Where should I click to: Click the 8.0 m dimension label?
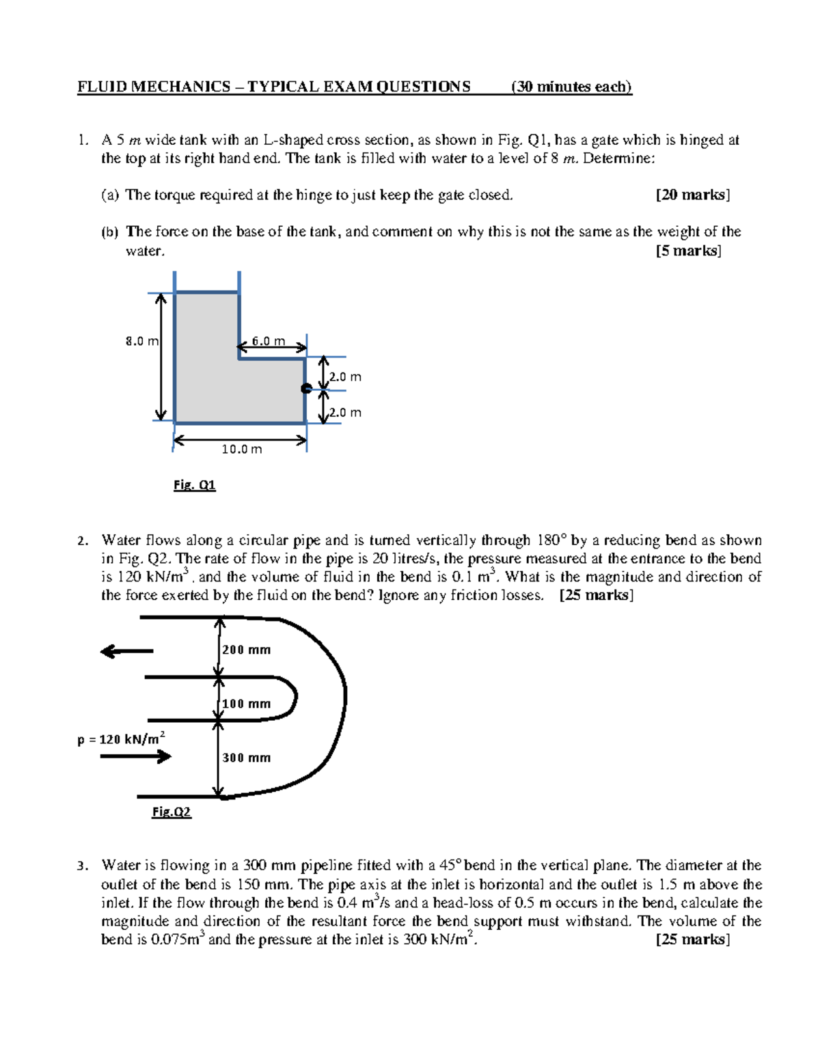pyautogui.click(x=141, y=341)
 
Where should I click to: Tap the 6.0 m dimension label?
pyautogui.click(x=268, y=341)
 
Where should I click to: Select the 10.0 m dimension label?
pyautogui.click(x=241, y=449)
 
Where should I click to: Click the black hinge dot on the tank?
pyautogui.click(x=306, y=389)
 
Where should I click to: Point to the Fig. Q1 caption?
pyautogui.click(x=194, y=485)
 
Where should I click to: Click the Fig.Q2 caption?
pyautogui.click(x=171, y=812)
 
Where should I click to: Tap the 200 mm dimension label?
pyautogui.click(x=246, y=650)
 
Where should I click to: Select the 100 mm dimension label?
pyautogui.click(x=246, y=704)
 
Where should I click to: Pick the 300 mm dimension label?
pyautogui.click(x=246, y=758)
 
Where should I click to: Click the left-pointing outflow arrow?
pyautogui.click(x=126, y=651)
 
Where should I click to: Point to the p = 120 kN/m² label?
pyautogui.click(x=121, y=739)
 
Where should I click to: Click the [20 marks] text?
pyautogui.click(x=692, y=195)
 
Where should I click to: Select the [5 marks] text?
pyautogui.click(x=688, y=251)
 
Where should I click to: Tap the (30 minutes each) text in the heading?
pyautogui.click(x=571, y=87)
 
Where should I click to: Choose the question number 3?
pyautogui.click(x=81, y=866)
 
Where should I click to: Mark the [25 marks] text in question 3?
pyautogui.click(x=692, y=939)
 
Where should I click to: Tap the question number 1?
pyautogui.click(x=81, y=141)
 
